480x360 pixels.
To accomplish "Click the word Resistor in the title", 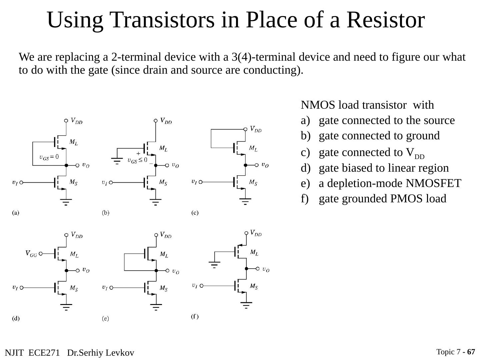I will pyautogui.click(x=385, y=20).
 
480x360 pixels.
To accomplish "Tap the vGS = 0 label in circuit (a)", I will pyautogui.click(x=49, y=157).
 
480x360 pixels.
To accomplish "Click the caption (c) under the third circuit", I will pyautogui.click(x=195, y=213).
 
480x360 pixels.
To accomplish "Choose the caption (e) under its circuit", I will pyautogui.click(x=105, y=318).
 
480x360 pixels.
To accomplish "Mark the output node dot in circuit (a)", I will pyautogui.click(x=66, y=165).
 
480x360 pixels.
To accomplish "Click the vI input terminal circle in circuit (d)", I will pyautogui.click(x=22, y=287).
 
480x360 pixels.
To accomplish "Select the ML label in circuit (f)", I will pyautogui.click(x=254, y=253).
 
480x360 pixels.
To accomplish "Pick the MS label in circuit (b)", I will pyautogui.click(x=163, y=183).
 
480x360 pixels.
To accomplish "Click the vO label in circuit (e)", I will pyautogui.click(x=176, y=272).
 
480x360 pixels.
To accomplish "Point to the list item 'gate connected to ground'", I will pyautogui.click(x=379, y=136).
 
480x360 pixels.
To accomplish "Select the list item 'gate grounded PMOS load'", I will pyautogui.click(x=382, y=199).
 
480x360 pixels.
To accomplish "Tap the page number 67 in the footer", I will pyautogui.click(x=471, y=352).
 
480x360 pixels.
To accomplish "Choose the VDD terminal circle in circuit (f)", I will pyautogui.click(x=246, y=233).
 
